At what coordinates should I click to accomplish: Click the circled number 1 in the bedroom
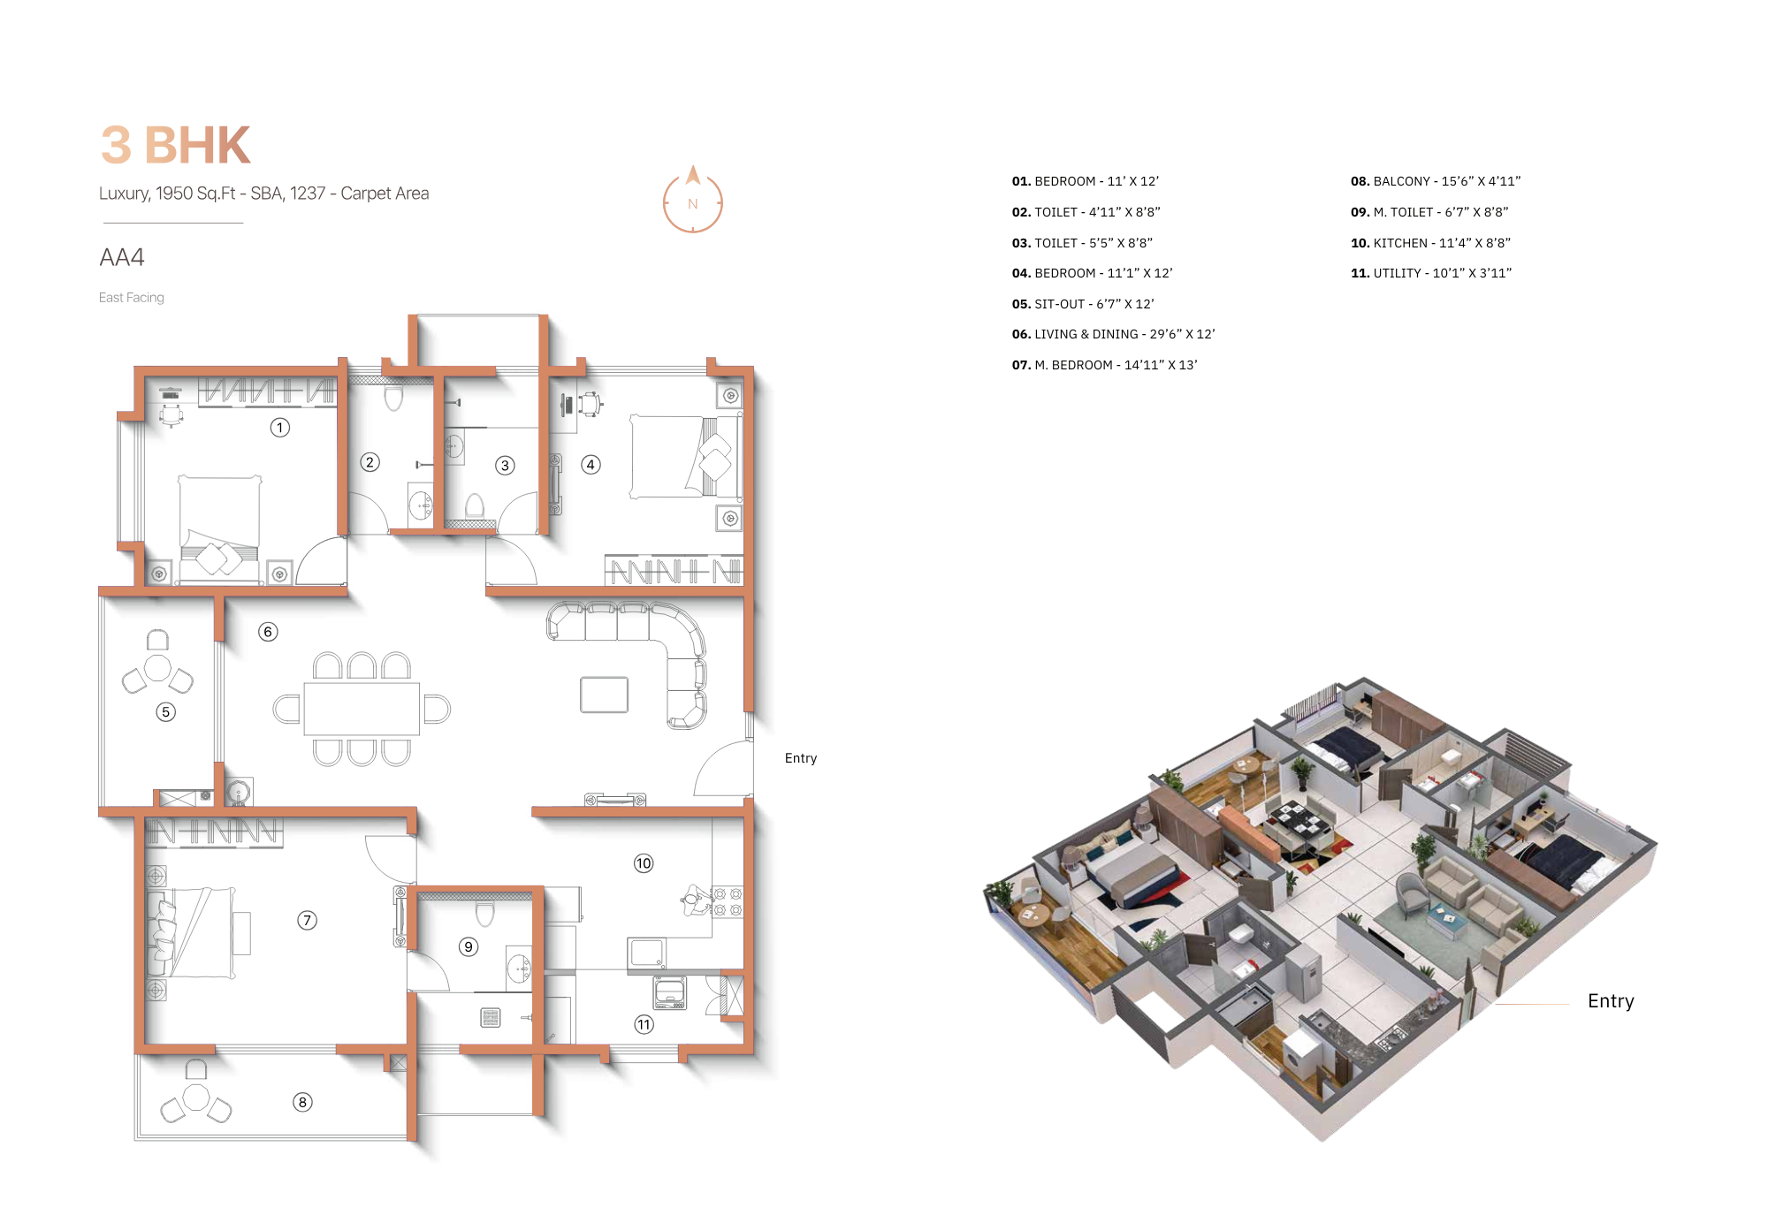click(279, 428)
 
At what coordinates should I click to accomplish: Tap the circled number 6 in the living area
click(268, 632)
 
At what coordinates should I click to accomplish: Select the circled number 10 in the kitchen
click(644, 863)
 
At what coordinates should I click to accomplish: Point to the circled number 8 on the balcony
click(302, 1102)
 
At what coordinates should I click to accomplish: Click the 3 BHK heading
click(176, 146)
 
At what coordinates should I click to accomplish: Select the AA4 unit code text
click(122, 257)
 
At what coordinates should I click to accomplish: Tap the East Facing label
click(132, 298)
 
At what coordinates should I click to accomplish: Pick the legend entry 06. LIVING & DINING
click(1113, 334)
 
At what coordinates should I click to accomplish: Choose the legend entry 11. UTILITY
click(1430, 273)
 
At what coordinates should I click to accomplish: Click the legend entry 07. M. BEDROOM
click(1104, 365)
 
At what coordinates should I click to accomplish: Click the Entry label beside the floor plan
click(800, 758)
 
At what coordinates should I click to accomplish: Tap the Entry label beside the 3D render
click(1610, 1001)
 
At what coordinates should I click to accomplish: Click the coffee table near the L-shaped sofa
click(604, 695)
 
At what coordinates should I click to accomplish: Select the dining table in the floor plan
click(362, 709)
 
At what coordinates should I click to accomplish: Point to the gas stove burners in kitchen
click(728, 901)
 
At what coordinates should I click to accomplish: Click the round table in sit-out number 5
click(157, 668)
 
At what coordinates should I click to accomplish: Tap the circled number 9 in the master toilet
click(469, 946)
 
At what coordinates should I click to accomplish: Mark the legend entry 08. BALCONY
click(1435, 181)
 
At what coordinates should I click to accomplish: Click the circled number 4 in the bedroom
click(591, 465)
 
